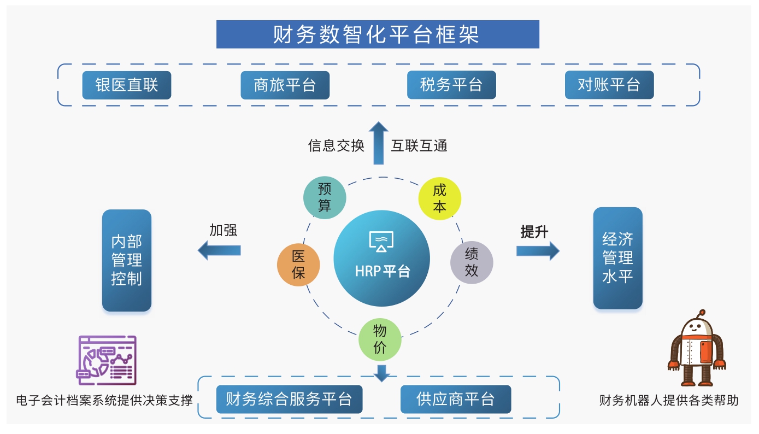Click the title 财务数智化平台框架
[x=378, y=34]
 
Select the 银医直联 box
[x=127, y=85]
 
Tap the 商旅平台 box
[x=285, y=85]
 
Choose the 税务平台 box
[x=451, y=85]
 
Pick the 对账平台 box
[x=609, y=85]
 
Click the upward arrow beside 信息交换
[x=378, y=143]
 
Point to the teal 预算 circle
[x=325, y=197]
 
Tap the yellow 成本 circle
[x=439, y=197]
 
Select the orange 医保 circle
[x=298, y=265]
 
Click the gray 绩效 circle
[x=472, y=262]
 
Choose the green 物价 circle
[x=380, y=339]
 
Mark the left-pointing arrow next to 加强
[x=219, y=250]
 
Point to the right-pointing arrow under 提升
[x=538, y=250]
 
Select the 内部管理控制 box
[x=127, y=260]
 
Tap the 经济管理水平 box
[x=617, y=258]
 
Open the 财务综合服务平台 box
[x=289, y=399]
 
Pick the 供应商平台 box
[x=455, y=399]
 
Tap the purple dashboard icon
[x=106, y=360]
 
